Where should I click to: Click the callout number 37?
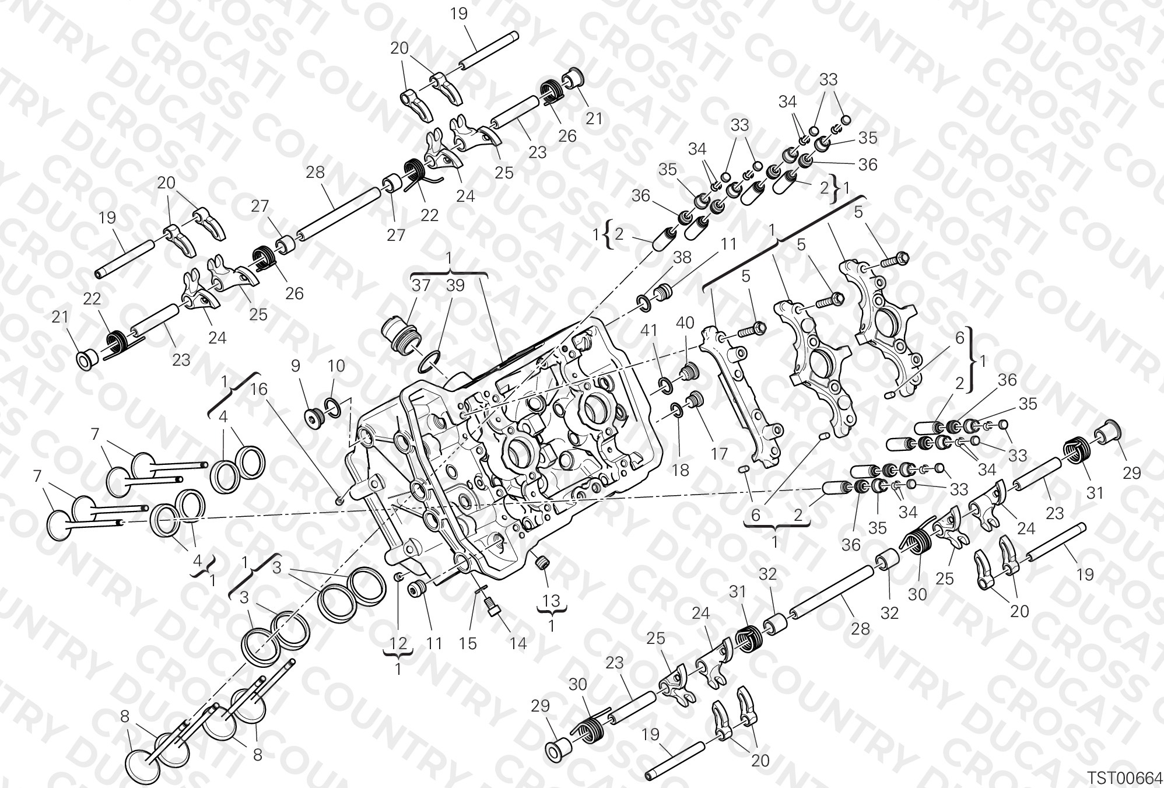coord(421,285)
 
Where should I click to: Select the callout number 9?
coord(296,366)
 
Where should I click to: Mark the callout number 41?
coord(648,331)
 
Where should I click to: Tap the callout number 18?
coord(681,470)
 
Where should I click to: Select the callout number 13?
coord(551,600)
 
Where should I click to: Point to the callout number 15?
coord(468,643)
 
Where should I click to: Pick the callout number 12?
coord(398,643)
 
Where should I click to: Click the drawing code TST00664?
coord(1124,778)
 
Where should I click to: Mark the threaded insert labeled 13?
coord(543,562)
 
